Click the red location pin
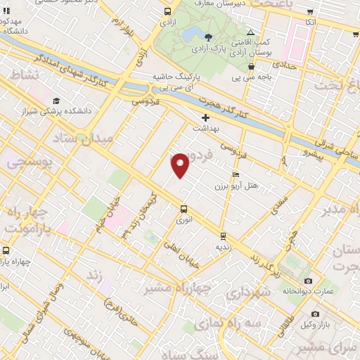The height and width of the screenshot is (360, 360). click(x=180, y=165)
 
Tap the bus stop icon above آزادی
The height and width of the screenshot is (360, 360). click(x=167, y=12)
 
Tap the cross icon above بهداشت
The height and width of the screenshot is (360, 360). click(x=205, y=117)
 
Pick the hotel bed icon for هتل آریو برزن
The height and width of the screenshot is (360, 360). click(x=235, y=174)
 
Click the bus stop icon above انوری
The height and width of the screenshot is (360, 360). click(x=184, y=208)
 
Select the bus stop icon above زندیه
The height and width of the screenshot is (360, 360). click(x=223, y=236)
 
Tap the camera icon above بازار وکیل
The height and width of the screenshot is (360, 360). click(x=314, y=314)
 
